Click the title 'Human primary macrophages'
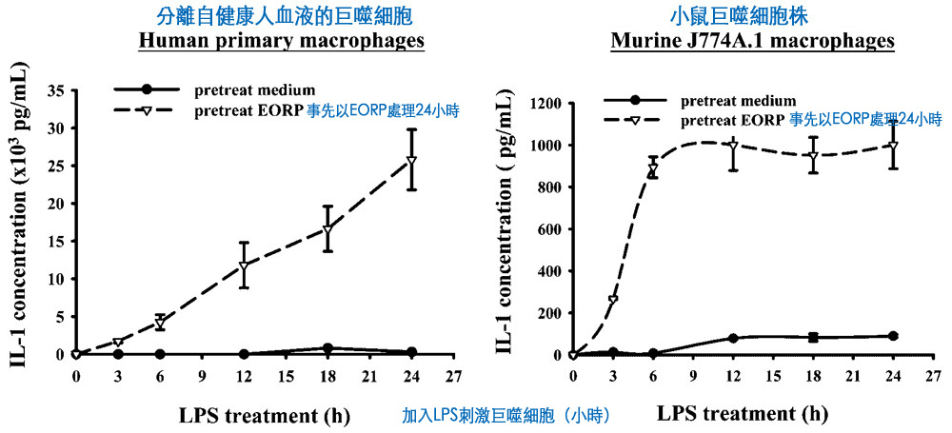pos(282,41)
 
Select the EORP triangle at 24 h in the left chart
pos(411,160)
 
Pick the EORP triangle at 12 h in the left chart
pos(244,266)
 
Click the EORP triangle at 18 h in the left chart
pos(327,230)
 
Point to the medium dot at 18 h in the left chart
pos(327,348)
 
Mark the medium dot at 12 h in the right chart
pos(733,338)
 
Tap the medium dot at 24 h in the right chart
pos(893,336)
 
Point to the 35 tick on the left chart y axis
pos(56,90)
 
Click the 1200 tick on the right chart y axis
pos(546,103)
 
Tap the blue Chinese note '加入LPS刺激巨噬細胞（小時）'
pos(506,416)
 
